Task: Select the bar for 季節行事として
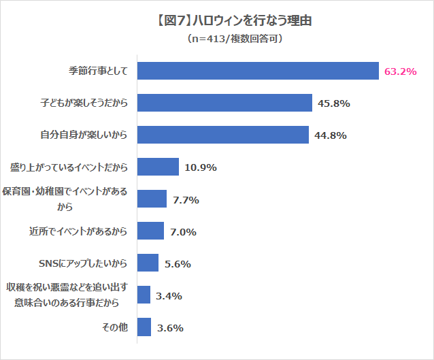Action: [x=258, y=71]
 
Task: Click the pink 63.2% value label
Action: [x=400, y=71]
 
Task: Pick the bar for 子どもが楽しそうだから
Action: [x=224, y=103]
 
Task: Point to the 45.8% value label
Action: [x=333, y=103]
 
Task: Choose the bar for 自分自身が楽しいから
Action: [x=223, y=135]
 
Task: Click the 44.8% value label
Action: [x=331, y=135]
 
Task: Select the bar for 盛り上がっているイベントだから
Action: [x=158, y=167]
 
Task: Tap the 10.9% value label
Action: [x=201, y=167]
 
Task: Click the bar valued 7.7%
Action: [x=152, y=199]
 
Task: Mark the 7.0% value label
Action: [x=183, y=232]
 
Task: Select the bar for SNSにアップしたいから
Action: [x=148, y=263]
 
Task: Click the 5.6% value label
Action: [x=177, y=264]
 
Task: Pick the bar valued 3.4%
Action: [x=144, y=295]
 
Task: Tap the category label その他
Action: [x=114, y=327]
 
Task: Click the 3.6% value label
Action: [x=170, y=328]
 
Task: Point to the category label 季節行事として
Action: [x=98, y=71]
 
